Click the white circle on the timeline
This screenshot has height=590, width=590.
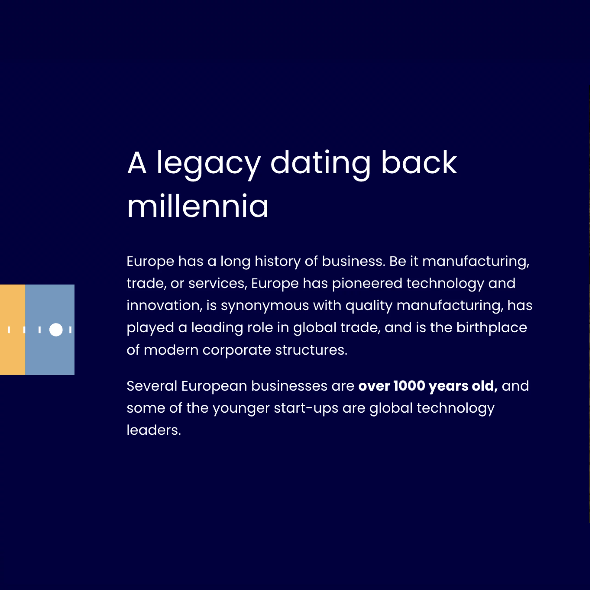tap(56, 330)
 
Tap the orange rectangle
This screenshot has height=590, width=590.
tap(12, 330)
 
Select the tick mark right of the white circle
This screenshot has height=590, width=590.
tap(70, 330)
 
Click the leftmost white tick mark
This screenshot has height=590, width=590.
tap(9, 330)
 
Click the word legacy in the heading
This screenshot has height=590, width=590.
tap(209, 165)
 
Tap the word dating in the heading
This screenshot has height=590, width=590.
tap(320, 165)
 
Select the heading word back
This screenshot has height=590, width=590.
tap(419, 162)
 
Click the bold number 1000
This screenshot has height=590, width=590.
tap(409, 386)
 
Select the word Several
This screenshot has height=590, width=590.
tap(152, 386)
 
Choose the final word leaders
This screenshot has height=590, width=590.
tap(154, 430)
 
